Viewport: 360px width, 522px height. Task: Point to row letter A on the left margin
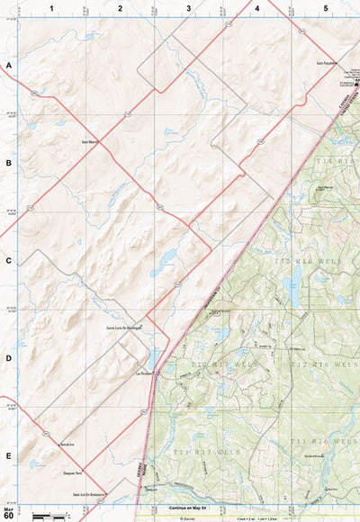(x=8, y=67)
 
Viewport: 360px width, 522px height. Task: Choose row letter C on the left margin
(x=8, y=262)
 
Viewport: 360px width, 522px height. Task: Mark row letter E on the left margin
(x=8, y=456)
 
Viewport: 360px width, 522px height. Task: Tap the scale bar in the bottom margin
(x=50, y=516)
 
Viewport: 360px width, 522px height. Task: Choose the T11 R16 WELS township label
(x=319, y=441)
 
